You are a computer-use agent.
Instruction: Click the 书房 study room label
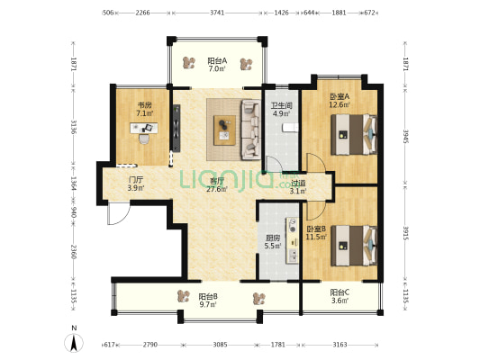click(144, 105)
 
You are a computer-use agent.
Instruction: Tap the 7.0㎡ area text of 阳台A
click(217, 68)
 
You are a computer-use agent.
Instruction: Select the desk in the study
click(144, 128)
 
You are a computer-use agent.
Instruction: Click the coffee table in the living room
click(225, 130)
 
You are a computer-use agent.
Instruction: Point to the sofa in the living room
click(250, 130)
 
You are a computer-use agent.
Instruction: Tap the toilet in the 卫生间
click(290, 127)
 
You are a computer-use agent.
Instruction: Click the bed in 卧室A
click(354, 135)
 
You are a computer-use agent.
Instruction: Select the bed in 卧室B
click(354, 246)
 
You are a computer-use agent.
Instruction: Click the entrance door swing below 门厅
click(119, 213)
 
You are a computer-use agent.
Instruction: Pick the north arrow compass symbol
click(74, 343)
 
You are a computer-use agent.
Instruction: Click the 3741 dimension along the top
click(217, 13)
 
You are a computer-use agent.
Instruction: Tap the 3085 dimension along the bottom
click(220, 345)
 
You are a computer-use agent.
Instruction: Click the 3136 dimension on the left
click(74, 127)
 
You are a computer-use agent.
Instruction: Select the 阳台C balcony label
click(340, 292)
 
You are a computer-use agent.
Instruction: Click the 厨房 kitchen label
click(273, 238)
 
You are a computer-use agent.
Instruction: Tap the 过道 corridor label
click(298, 184)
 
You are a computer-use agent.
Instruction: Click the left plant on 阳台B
click(184, 296)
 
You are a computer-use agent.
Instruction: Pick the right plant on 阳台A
click(246, 64)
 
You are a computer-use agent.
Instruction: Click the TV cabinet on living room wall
click(177, 128)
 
